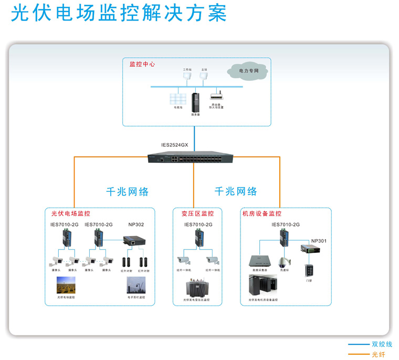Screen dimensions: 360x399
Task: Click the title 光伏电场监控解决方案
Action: [119, 13]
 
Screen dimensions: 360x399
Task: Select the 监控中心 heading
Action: [142, 64]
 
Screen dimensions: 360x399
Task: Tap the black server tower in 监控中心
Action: [196, 102]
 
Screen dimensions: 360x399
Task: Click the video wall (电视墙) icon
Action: [177, 99]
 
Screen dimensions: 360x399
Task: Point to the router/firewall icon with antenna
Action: [216, 97]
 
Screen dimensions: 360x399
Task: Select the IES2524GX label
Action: [174, 145]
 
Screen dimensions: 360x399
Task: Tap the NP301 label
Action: [319, 241]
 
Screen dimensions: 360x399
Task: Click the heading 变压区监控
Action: [197, 214]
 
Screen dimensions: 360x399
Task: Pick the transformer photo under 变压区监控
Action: [196, 288]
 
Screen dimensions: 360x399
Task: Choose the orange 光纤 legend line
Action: [359, 355]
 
